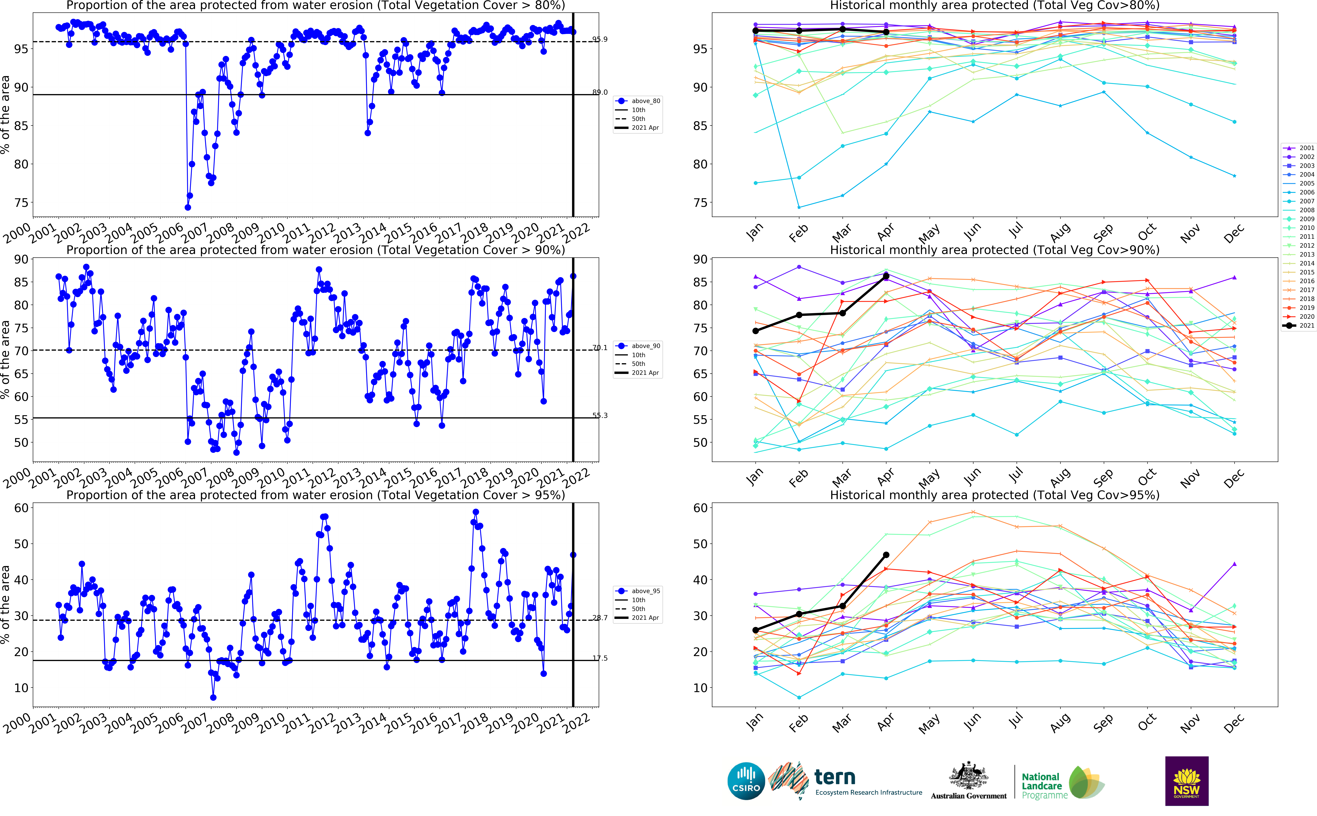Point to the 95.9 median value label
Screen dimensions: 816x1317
[x=600, y=39]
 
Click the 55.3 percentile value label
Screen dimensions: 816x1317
[x=600, y=415]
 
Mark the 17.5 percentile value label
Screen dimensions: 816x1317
[x=600, y=658]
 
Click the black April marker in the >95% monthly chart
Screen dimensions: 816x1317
[x=886, y=555]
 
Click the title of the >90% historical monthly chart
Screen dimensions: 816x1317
[x=994, y=250]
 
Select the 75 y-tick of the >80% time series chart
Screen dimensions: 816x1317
[x=20, y=203]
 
